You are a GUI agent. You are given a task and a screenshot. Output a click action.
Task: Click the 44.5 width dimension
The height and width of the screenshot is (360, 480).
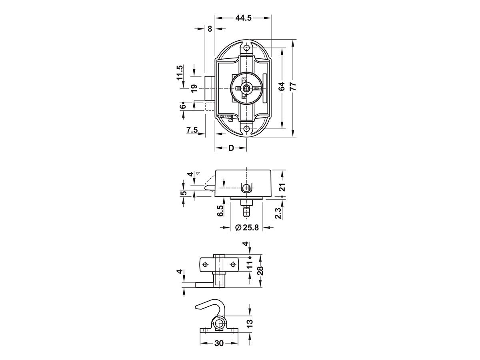pos(243,18)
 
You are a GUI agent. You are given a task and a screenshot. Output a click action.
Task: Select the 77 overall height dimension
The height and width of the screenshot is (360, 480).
pos(293,86)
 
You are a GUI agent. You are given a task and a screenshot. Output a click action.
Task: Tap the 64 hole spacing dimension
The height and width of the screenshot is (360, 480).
pos(282,86)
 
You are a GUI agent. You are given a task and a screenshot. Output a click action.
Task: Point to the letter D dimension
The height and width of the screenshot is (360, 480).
pos(231,148)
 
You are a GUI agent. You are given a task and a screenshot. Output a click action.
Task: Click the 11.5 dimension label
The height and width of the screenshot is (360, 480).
pos(180,72)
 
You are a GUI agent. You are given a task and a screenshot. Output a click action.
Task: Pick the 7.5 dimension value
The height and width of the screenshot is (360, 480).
pos(192,130)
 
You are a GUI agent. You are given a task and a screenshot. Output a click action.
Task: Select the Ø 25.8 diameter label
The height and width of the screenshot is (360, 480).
pos(247,228)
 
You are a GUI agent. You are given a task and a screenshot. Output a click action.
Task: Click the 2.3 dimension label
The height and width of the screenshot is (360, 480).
pos(278,213)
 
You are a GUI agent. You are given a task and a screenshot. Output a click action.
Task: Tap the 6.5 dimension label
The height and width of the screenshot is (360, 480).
pos(220,211)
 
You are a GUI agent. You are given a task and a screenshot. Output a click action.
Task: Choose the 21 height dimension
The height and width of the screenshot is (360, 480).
pos(282,187)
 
